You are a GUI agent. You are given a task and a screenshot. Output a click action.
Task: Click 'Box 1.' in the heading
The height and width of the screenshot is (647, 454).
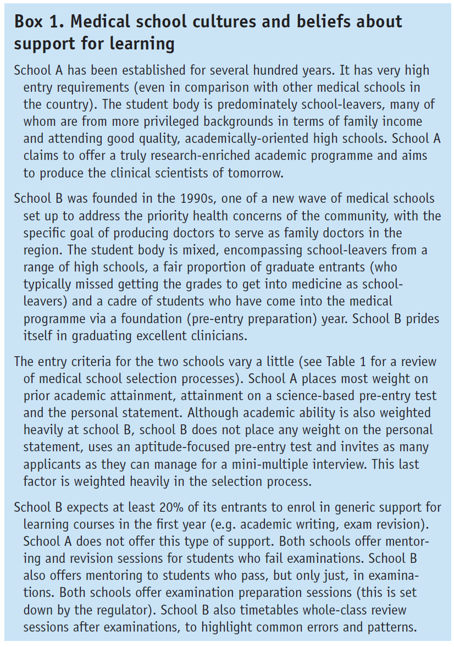[37, 22]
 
